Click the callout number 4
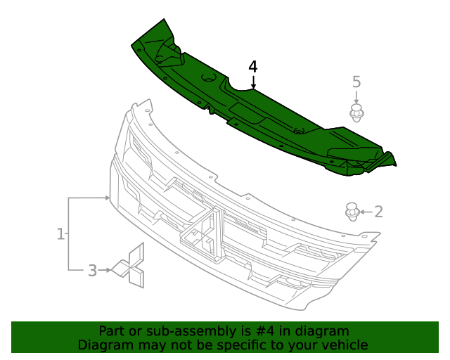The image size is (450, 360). click(253, 67)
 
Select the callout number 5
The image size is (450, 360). click(356, 82)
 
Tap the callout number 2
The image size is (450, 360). click(378, 211)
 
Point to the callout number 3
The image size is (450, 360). click(92, 270)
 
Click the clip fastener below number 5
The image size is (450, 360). click(358, 113)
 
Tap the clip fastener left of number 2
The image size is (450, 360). click(352, 210)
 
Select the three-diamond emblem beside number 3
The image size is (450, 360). click(130, 266)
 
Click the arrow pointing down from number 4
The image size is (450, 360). click(253, 82)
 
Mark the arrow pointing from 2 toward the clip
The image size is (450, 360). click(366, 211)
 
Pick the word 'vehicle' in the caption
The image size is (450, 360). click(345, 345)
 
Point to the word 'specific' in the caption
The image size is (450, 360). click(244, 345)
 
